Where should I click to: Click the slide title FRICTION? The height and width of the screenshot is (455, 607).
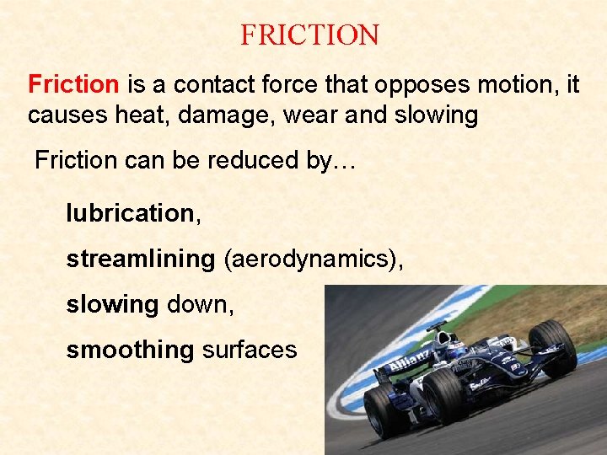309,35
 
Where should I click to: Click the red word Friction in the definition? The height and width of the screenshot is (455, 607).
73,84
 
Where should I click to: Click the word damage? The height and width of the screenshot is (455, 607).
225,115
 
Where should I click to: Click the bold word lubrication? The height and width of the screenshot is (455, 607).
130,214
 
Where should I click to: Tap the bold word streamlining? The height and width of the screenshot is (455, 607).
141,260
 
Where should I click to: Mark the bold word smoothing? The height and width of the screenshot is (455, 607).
130,351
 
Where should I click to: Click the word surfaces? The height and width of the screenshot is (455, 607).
250,351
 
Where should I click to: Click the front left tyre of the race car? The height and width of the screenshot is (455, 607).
446,395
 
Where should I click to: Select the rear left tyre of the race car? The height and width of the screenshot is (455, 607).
384,409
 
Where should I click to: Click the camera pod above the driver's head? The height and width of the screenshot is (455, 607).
437,326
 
